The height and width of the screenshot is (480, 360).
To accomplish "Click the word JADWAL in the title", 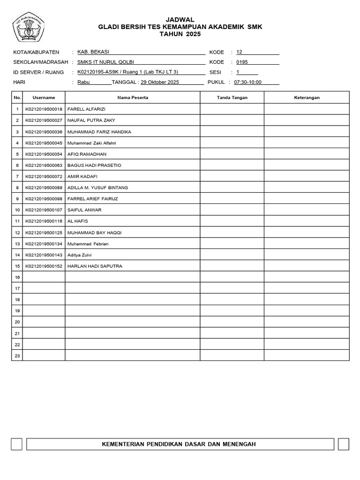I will [180, 19].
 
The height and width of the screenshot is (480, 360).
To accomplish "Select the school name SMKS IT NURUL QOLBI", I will [108, 62].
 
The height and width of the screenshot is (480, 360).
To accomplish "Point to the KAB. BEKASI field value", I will [93, 52].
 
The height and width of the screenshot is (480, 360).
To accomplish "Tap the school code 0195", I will [242, 62].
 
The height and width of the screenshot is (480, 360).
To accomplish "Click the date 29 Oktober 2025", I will [160, 82].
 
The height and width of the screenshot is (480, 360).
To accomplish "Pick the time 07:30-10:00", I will [247, 82].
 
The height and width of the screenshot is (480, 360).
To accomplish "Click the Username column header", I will [44, 97].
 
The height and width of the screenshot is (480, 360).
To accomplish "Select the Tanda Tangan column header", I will [232, 97].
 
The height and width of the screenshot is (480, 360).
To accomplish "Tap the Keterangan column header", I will [307, 97].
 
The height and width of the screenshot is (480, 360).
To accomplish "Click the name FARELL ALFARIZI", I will [87, 109].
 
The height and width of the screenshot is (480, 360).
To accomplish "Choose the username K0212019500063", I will [44, 165].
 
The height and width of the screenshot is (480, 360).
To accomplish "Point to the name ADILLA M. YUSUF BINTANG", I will [97, 187].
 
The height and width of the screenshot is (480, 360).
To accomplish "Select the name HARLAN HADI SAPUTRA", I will [95, 266].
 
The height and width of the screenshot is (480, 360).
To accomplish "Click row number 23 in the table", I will [17, 356].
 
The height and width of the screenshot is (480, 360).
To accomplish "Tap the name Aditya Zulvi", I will [80, 255].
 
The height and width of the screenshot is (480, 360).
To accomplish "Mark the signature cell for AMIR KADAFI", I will [232, 176].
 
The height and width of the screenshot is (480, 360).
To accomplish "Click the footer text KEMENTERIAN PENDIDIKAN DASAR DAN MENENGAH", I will [180, 444].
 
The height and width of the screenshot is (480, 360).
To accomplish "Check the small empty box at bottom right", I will [343, 444].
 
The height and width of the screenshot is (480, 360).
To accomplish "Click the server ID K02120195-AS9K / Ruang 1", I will [127, 72].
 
